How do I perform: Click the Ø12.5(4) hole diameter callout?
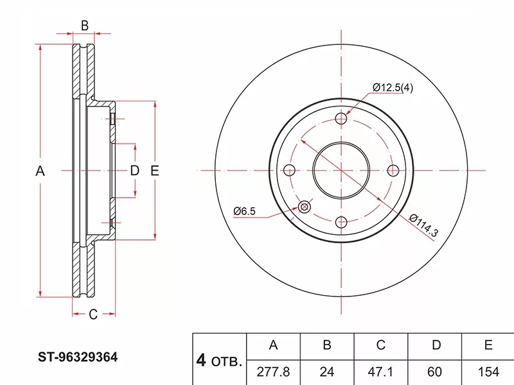tap(393, 88)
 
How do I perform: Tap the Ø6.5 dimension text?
tap(244, 211)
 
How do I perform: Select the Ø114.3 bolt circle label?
tap(423, 225)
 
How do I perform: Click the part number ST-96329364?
tap(78, 357)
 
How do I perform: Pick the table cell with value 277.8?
tap(273, 372)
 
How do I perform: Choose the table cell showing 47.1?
tap(380, 372)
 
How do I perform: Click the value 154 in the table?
tap(488, 372)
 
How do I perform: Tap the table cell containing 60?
tap(435, 372)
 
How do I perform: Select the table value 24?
tap(327, 372)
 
